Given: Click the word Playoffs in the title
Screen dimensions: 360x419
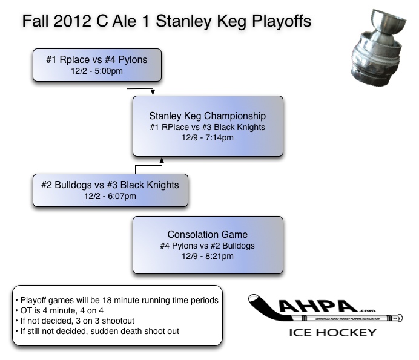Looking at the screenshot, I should tap(281, 21).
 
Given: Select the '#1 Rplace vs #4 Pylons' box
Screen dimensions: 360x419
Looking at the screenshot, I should tap(97, 65).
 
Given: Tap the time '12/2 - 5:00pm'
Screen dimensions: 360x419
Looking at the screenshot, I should tap(97, 71).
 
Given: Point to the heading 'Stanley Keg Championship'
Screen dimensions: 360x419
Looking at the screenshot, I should tap(208, 116).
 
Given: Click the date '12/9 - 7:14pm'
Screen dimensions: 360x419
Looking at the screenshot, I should tap(208, 138).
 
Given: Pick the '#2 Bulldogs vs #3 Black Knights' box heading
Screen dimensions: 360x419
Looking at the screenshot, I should tap(110, 185).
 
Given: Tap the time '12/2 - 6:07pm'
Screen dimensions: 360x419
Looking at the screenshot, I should tap(110, 196).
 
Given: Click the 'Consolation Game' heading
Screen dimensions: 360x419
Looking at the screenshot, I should tap(208, 234).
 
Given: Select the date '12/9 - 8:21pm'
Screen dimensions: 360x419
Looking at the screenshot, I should tap(208, 257).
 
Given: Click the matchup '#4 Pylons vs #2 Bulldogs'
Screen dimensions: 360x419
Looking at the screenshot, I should tap(208, 246).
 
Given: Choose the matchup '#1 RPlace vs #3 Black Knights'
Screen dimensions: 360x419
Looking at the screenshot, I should tap(208, 127).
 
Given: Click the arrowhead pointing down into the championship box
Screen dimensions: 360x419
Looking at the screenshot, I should tap(153, 92).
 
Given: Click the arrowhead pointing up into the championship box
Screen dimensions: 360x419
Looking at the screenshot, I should tap(161, 160).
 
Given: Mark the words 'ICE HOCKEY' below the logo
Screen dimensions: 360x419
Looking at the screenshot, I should tap(333, 332).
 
